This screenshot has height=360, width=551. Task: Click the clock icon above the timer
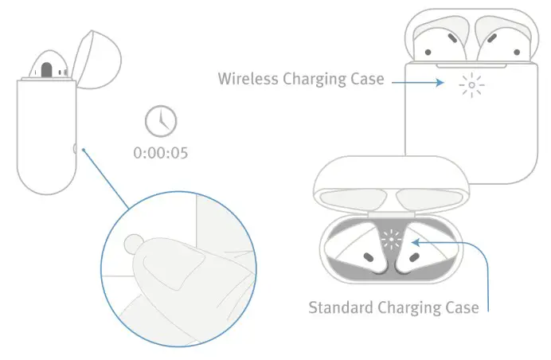(162, 122)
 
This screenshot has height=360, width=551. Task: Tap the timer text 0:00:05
(162, 152)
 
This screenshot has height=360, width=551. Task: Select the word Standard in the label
(337, 307)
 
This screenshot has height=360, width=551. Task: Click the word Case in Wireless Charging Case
(367, 80)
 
